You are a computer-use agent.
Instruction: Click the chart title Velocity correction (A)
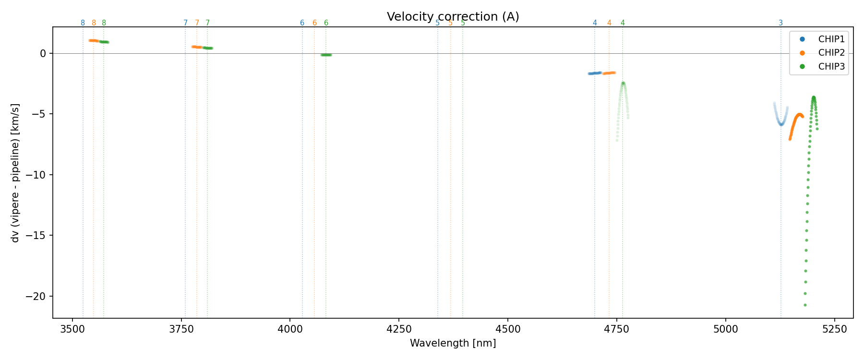[x=453, y=17]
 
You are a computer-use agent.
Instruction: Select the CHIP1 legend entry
[x=831, y=39]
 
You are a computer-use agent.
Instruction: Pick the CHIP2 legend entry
[x=831, y=53]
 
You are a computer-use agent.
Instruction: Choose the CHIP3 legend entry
[x=831, y=67]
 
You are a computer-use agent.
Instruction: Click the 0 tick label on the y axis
[x=43, y=53]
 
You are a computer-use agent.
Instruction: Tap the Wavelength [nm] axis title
[x=453, y=343]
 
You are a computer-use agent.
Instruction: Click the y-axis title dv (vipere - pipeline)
[x=15, y=173]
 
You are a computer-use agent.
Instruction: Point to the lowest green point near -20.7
[x=805, y=305]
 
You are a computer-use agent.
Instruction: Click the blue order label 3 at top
[x=780, y=23]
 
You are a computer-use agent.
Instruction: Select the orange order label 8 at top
[x=94, y=23]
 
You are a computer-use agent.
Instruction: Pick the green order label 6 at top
[x=326, y=23]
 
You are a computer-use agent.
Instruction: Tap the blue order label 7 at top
[x=185, y=23]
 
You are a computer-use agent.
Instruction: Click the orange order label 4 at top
[x=609, y=23]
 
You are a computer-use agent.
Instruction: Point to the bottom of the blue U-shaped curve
[x=781, y=124]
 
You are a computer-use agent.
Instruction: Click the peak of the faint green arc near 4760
[x=623, y=83]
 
